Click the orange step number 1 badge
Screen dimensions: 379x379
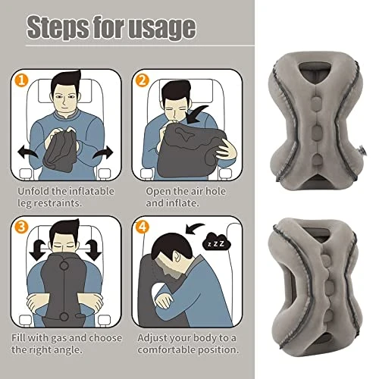pyautogui.click(x=21, y=80)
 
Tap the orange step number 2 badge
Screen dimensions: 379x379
pyautogui.click(x=143, y=80)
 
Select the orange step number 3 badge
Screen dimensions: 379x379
pyautogui.click(x=21, y=227)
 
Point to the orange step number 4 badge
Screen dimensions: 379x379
pyautogui.click(x=143, y=227)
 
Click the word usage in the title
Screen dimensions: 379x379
pyautogui.click(x=162, y=28)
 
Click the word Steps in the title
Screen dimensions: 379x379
pyautogui.click(x=57, y=27)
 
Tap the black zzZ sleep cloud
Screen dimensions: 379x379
pyautogui.click(x=216, y=242)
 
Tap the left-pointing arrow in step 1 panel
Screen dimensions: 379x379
pyautogui.click(x=28, y=152)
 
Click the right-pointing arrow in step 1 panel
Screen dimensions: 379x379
pyautogui.click(x=104, y=153)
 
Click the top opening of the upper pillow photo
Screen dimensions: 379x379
pyautogui.click(x=315, y=70)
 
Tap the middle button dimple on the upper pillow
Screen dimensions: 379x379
pyautogui.click(x=316, y=131)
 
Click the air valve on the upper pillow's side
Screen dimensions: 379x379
pyautogui.click(x=362, y=151)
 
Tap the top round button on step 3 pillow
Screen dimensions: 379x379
pyautogui.click(x=64, y=265)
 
